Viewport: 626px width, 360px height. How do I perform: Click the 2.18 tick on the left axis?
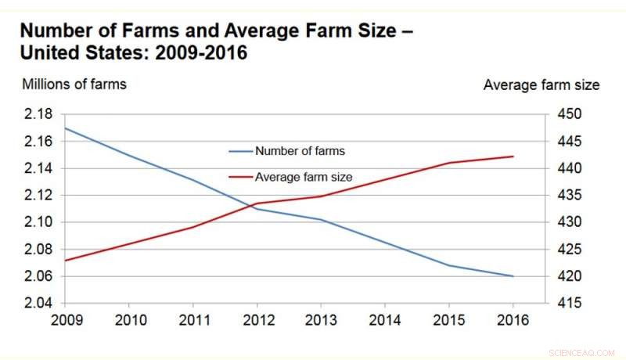pos(37,114)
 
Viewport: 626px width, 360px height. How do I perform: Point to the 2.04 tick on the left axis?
pos(37,303)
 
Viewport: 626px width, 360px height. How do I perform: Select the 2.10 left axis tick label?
pos(37,222)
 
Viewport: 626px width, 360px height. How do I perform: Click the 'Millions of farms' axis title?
pos(74,84)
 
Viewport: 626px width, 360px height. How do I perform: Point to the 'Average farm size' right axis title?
pos(541,84)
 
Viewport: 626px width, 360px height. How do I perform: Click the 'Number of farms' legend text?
pos(300,151)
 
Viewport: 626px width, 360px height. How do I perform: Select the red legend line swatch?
pos(240,178)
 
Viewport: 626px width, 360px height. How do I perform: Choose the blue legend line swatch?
pos(240,151)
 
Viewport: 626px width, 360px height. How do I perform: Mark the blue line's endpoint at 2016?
pos(513,276)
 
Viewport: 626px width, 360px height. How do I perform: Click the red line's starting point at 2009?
pos(64,261)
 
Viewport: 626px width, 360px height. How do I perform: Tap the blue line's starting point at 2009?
pos(64,128)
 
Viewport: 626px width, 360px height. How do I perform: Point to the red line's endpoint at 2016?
pos(513,157)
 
